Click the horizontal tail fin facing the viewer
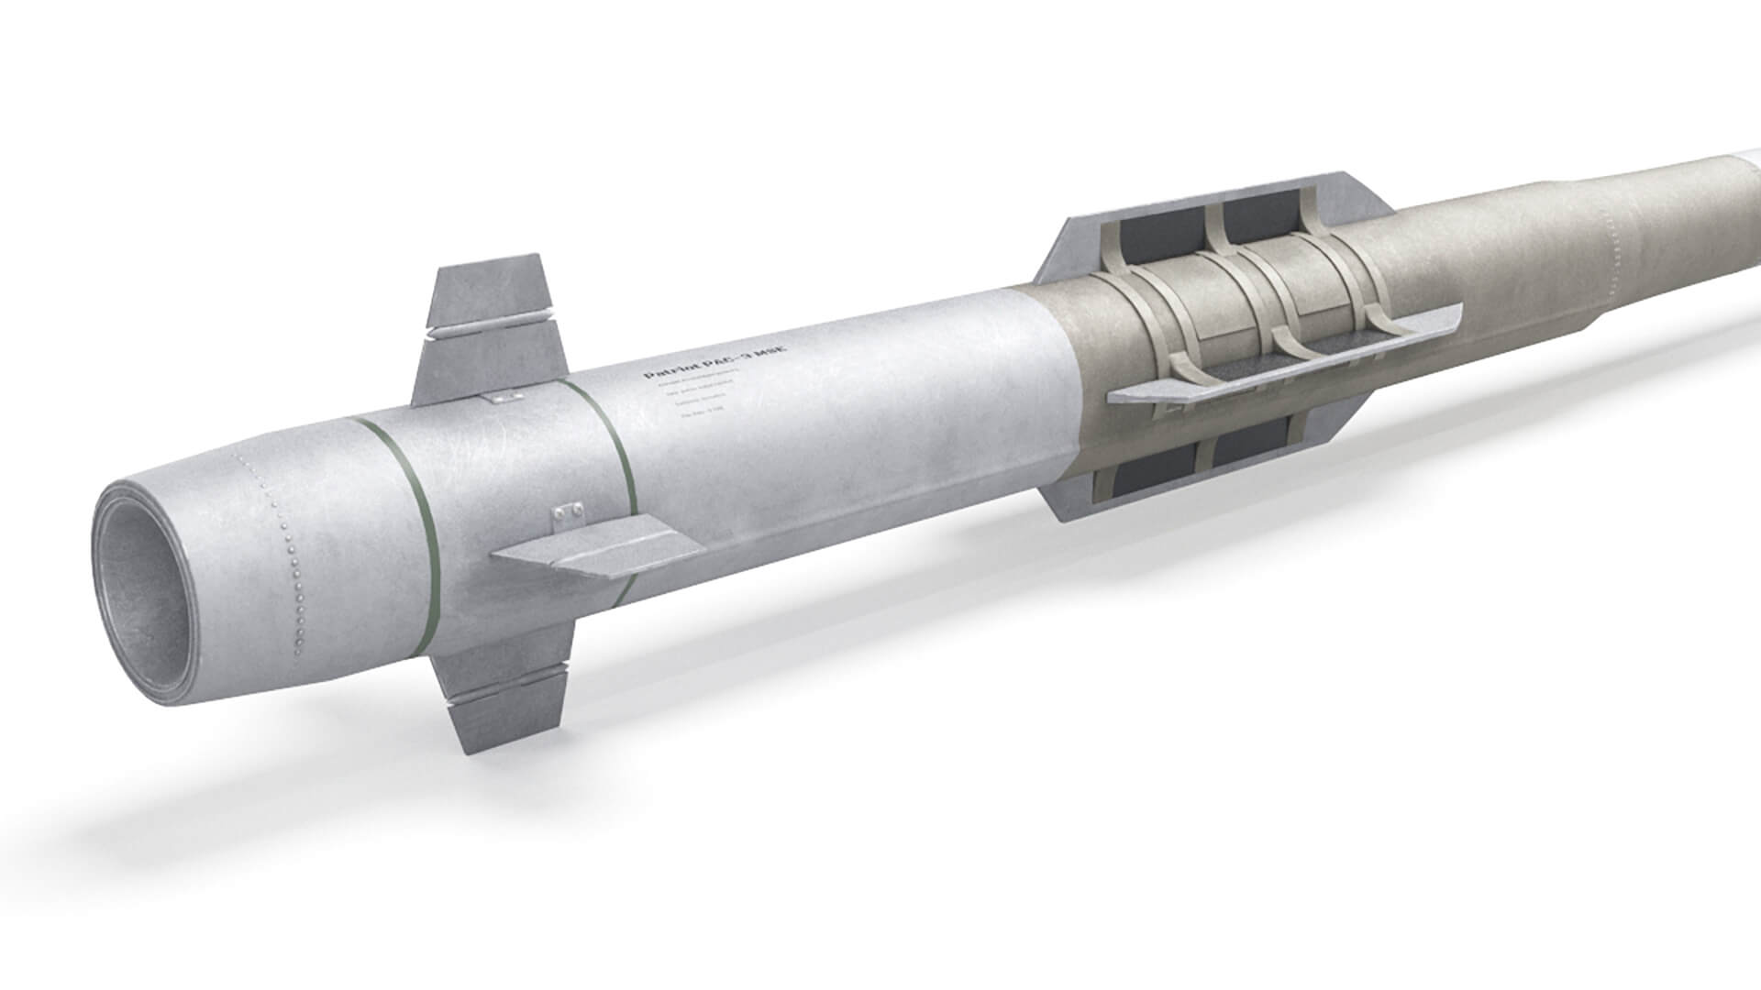coord(596,550)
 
